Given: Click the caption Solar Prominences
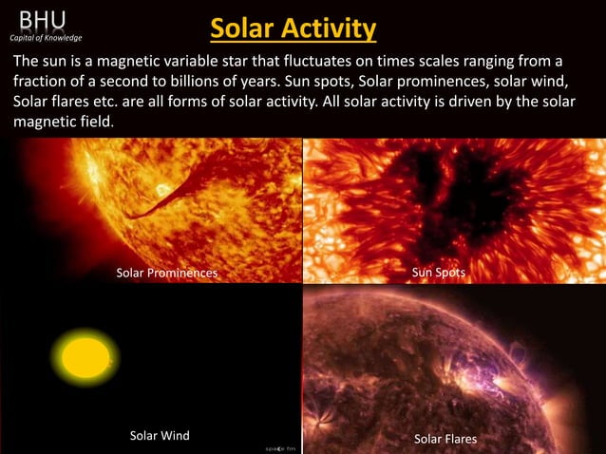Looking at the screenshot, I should coord(166,274).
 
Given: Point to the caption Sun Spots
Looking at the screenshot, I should coord(439,273).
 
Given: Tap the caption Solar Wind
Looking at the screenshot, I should coord(160,436).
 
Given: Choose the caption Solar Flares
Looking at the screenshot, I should coord(445,439).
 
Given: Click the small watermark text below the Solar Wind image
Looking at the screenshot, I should coord(280,446).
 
